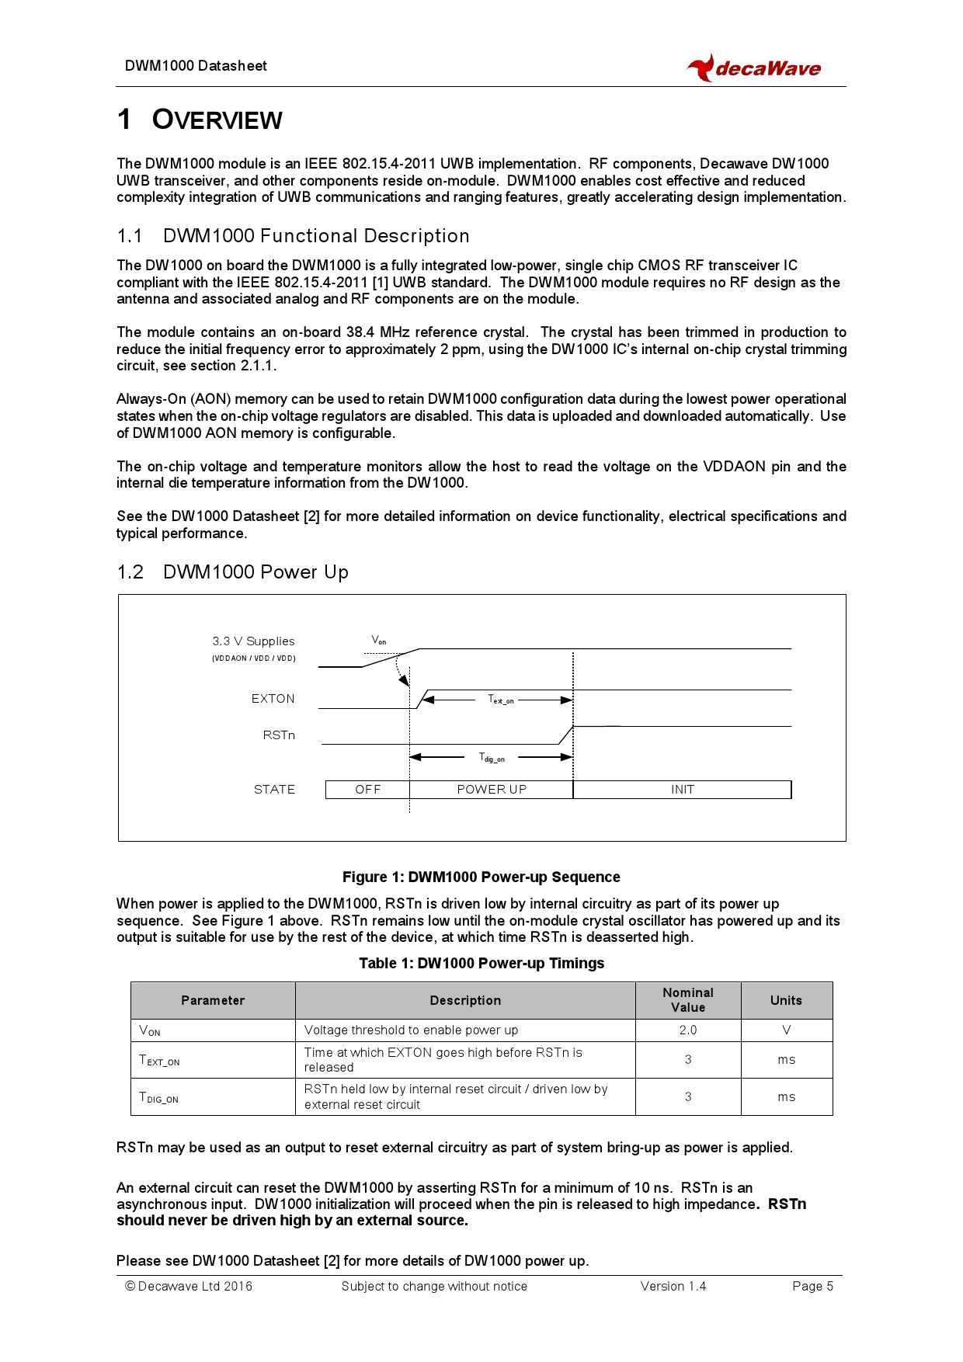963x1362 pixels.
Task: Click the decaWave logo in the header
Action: (x=754, y=68)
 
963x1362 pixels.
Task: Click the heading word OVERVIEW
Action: (x=217, y=120)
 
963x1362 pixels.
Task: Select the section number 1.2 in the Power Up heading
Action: (x=130, y=572)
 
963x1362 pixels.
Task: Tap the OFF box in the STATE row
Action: (x=367, y=790)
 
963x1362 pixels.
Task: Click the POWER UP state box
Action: (x=491, y=790)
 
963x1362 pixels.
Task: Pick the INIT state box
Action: (x=682, y=790)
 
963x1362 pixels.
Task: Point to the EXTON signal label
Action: (x=273, y=699)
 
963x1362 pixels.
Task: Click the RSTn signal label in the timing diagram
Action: (x=278, y=735)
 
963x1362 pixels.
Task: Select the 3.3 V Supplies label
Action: (x=253, y=641)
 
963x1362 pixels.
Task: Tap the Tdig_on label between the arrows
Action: (x=492, y=757)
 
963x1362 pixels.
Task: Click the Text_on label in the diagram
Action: (x=500, y=700)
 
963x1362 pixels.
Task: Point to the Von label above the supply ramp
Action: (x=378, y=641)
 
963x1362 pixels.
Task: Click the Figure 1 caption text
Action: (x=481, y=877)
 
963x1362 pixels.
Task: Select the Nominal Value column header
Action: (x=687, y=1000)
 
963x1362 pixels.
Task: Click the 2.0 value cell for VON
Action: (x=687, y=1030)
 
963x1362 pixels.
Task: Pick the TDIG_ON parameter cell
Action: (x=159, y=1097)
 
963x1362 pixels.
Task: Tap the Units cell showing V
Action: (x=786, y=1030)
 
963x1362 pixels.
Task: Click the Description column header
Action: (x=465, y=1001)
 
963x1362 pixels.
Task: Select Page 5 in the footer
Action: (x=812, y=1287)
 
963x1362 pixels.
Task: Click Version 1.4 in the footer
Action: (x=673, y=1287)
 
